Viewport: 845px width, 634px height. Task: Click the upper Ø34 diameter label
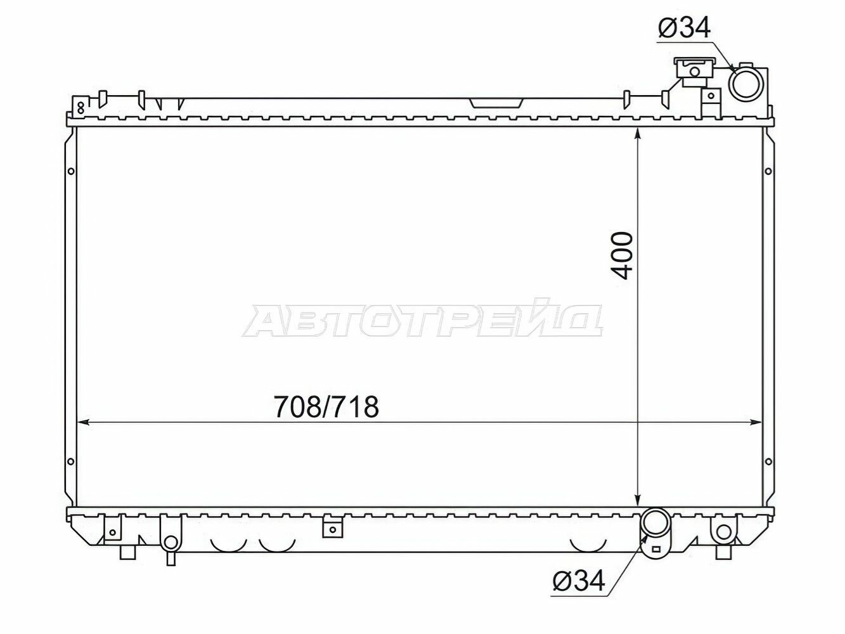[684, 28]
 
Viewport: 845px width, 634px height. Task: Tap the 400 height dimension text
[621, 256]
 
